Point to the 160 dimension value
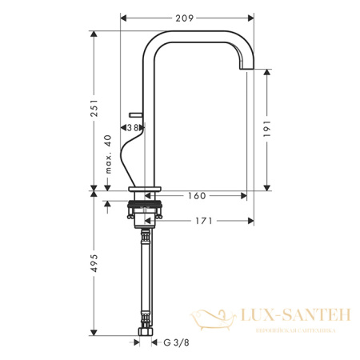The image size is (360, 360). coord(198,194)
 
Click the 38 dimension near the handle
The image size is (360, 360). coord(137,127)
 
